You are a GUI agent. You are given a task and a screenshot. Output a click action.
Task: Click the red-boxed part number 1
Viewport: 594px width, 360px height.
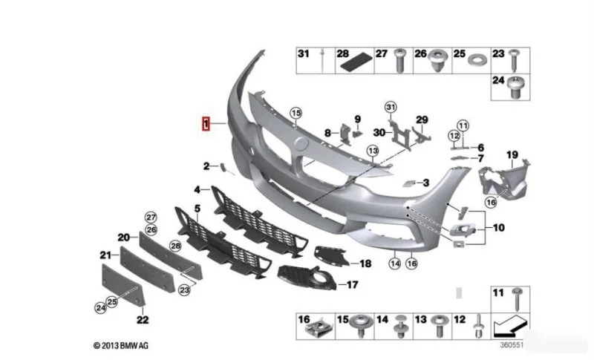206,124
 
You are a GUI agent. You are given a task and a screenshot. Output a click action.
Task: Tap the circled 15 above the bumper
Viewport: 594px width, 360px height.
296,113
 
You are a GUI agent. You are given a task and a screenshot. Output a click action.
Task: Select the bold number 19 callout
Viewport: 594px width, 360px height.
512,155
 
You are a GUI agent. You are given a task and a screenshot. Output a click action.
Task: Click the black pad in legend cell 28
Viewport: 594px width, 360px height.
356,62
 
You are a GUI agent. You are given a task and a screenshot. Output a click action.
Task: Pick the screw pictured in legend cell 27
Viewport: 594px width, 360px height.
399,60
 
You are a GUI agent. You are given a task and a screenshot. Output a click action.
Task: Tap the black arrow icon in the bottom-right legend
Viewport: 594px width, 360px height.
509,327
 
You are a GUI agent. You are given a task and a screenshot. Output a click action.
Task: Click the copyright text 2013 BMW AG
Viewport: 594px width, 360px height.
121,346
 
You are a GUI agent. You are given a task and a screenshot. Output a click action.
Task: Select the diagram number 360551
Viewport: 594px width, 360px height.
512,345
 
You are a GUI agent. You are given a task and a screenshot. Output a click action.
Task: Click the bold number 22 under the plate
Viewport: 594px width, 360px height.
143,320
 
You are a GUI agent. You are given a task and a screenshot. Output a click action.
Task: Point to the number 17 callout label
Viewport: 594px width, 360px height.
352,285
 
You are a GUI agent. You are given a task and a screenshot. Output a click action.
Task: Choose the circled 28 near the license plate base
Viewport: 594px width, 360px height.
175,246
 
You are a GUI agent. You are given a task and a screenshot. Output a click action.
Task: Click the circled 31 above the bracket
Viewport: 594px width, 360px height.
391,107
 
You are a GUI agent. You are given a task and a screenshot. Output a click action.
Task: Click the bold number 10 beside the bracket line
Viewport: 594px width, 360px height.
498,228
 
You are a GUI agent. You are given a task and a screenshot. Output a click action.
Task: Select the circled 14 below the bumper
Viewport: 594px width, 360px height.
395,264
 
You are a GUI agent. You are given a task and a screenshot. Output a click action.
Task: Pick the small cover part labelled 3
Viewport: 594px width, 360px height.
410,183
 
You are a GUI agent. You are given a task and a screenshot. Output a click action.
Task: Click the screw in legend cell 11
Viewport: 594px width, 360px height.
517,299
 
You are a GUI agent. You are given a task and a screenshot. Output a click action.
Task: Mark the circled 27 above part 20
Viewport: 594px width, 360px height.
151,217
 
